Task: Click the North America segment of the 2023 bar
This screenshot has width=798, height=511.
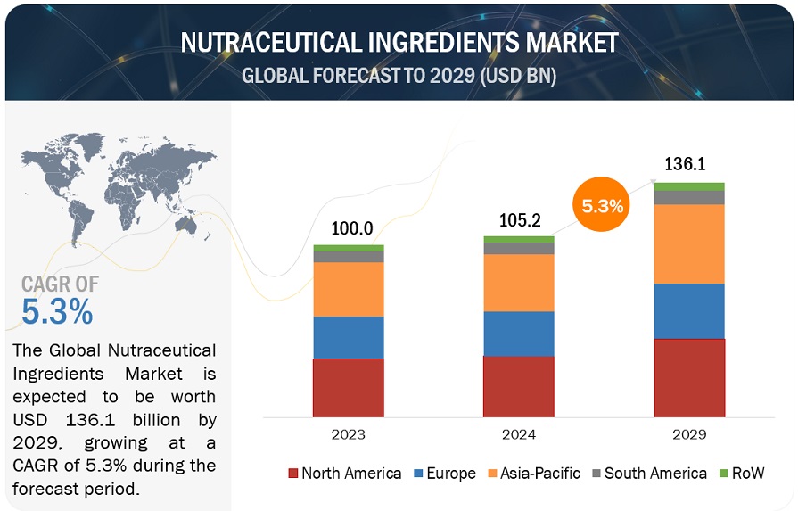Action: pyautogui.click(x=348, y=387)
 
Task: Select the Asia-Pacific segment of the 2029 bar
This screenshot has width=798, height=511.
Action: pyautogui.click(x=689, y=243)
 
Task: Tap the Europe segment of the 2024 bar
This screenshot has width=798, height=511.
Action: pyautogui.click(x=518, y=334)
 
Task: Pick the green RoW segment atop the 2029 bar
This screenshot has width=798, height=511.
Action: pyautogui.click(x=689, y=186)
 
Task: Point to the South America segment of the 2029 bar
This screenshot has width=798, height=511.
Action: pyautogui.click(x=689, y=197)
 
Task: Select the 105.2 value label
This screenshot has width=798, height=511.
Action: pyautogui.click(x=518, y=220)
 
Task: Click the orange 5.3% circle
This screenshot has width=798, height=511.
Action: pyautogui.click(x=603, y=206)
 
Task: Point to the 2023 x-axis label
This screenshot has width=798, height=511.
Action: pyautogui.click(x=348, y=434)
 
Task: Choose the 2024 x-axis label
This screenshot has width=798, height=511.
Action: pyautogui.click(x=518, y=434)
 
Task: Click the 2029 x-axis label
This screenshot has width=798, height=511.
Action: pyautogui.click(x=689, y=434)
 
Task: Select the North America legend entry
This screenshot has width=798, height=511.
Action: pyautogui.click(x=344, y=474)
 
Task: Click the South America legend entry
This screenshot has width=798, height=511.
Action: pyautogui.click(x=646, y=474)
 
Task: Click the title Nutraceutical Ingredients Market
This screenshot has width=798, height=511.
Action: pyautogui.click(x=399, y=44)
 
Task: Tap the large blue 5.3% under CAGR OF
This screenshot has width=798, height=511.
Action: pyautogui.click(x=57, y=311)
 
